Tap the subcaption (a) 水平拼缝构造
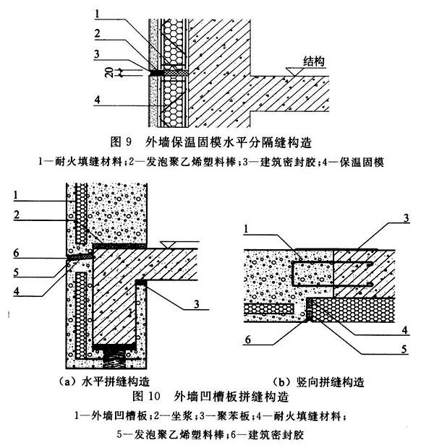click(106, 381)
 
